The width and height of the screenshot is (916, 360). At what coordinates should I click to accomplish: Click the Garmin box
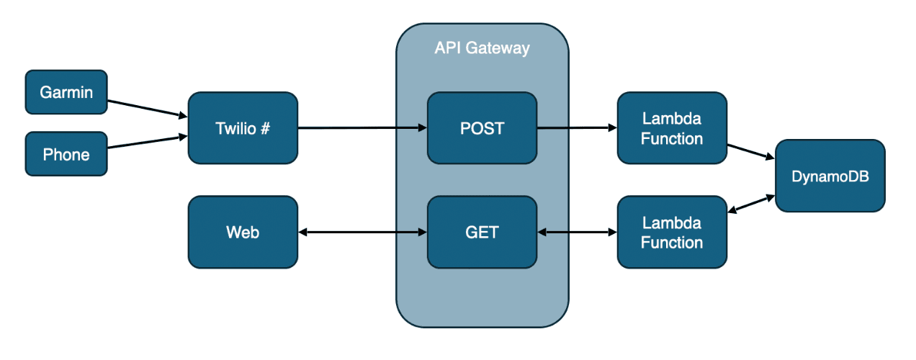66,92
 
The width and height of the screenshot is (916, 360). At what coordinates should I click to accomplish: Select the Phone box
66,154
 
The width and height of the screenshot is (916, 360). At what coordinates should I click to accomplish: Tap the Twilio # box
243,128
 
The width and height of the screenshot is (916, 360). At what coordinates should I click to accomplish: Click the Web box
243,232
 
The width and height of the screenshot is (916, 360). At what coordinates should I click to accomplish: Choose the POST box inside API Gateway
482,128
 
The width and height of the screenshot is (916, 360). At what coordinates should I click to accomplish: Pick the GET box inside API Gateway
482,232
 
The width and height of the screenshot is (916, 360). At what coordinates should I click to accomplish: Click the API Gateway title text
482,48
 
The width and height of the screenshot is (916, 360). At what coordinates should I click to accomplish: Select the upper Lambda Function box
671,128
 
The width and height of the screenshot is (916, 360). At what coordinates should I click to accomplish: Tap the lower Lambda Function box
671,232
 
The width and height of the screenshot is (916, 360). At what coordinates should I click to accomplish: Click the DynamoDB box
830,176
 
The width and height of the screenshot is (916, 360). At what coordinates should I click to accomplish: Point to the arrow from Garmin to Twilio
147,108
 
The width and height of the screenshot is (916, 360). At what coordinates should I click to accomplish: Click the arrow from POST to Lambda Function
577,128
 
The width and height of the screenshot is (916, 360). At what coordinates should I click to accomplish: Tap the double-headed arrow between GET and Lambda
577,232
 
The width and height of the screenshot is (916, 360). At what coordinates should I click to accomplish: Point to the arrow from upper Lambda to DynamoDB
750,151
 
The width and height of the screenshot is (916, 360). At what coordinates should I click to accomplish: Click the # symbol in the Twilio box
265,128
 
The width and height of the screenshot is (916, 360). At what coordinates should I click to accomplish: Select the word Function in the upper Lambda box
671,138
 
